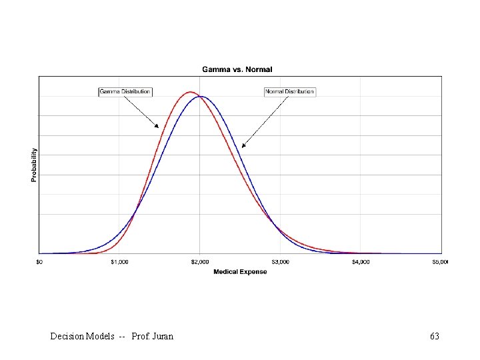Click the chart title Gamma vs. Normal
pyautogui.click(x=237, y=69)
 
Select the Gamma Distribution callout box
pyautogui.click(x=125, y=91)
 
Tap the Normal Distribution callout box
pyautogui.click(x=289, y=91)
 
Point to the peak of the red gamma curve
pyautogui.click(x=191, y=92)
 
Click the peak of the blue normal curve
pyautogui.click(x=200, y=97)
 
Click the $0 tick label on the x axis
pyautogui.click(x=39, y=262)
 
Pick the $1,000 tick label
pyautogui.click(x=119, y=262)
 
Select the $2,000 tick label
pyautogui.click(x=200, y=262)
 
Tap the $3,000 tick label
pyautogui.click(x=280, y=262)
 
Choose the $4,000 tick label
pyautogui.click(x=361, y=262)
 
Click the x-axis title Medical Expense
pyautogui.click(x=240, y=272)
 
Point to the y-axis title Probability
pyautogui.click(x=34, y=165)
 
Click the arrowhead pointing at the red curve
pyautogui.click(x=157, y=126)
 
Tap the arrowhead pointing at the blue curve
pyautogui.click(x=243, y=146)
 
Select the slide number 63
pyautogui.click(x=435, y=337)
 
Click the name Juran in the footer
pyautogui.click(x=163, y=337)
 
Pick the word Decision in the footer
pyautogui.click(x=67, y=337)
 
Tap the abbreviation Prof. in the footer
pyautogui.click(x=141, y=337)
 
